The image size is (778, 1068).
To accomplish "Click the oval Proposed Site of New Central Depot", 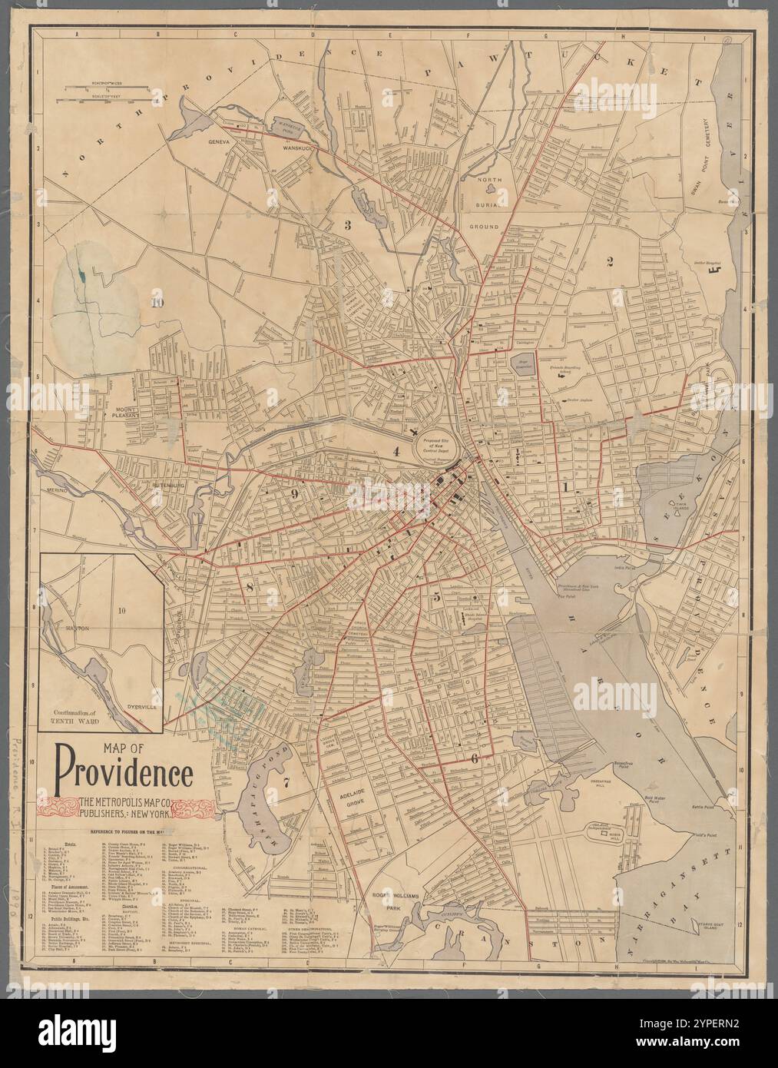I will [436, 443].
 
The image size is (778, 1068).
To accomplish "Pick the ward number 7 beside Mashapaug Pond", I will [285, 783].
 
